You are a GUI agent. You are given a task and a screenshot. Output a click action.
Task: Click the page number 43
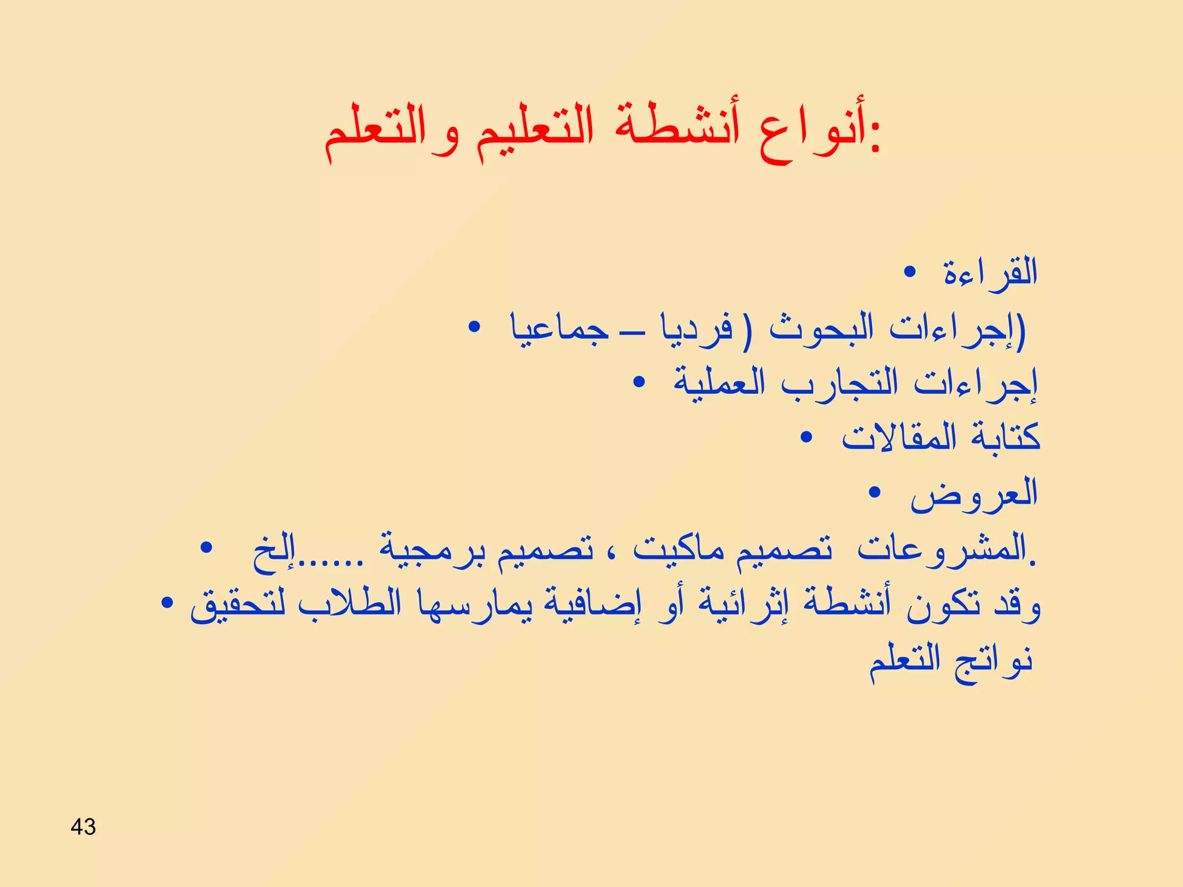tap(83, 826)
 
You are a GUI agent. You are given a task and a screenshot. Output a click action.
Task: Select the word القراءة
tap(990, 273)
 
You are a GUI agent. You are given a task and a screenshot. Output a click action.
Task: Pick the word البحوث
tap(821, 329)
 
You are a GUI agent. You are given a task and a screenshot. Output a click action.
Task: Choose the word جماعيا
tap(559, 329)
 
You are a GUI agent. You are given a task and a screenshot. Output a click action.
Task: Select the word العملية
tap(719, 383)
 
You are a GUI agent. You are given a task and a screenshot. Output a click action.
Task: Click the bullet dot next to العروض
tap(875, 493)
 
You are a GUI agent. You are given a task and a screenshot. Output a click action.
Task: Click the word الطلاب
tap(349, 603)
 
